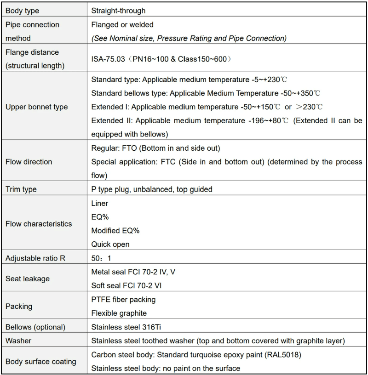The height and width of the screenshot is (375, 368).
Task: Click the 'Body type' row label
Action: click(x=22, y=10)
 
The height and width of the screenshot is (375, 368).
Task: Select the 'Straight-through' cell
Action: click(x=118, y=10)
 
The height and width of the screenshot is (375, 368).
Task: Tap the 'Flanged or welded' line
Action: click(x=122, y=24)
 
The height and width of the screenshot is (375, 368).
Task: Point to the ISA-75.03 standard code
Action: click(x=108, y=59)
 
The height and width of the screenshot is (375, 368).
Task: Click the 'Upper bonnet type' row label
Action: click(x=36, y=107)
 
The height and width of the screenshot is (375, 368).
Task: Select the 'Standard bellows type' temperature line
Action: click(x=206, y=93)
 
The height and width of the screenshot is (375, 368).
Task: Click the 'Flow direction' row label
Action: click(x=29, y=162)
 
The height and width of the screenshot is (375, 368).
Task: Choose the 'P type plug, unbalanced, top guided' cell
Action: click(x=152, y=189)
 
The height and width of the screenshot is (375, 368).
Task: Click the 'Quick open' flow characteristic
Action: click(x=110, y=244)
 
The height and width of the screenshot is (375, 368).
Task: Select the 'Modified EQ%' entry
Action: click(x=115, y=231)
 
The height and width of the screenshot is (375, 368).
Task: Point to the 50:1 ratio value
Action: click(x=101, y=258)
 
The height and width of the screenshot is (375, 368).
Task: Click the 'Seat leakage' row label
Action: click(x=27, y=278)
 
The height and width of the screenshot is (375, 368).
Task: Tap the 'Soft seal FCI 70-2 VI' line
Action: click(x=126, y=285)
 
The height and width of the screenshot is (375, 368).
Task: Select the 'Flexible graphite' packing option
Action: click(x=119, y=313)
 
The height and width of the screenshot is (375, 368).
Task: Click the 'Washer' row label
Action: click(x=18, y=341)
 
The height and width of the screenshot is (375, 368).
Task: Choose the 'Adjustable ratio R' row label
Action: click(x=35, y=258)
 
